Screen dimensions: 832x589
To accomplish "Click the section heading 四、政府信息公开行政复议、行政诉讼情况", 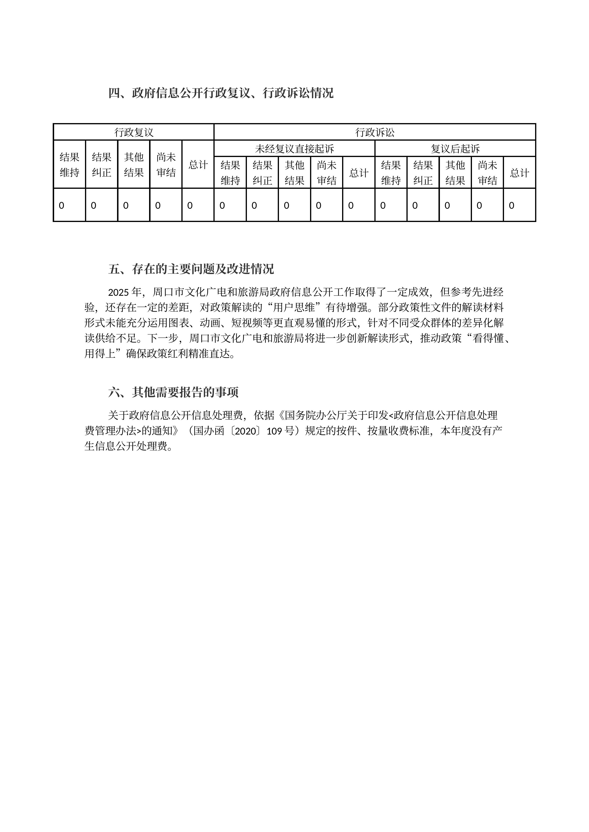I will coord(221,93).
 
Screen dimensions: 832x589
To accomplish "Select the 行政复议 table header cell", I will coord(134,132).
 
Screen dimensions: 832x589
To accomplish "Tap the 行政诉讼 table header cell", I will coord(375,132).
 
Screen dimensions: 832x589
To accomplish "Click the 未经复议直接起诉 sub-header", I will coord(294,148).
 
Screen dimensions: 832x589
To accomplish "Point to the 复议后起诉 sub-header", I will coord(455,148).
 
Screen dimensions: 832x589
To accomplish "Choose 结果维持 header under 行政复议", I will coord(69,165).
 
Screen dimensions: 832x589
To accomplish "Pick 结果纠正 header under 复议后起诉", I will coord(423,173).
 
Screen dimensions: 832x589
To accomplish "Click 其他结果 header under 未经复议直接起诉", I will coord(294,173).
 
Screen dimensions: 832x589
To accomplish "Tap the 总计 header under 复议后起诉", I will coord(519,173).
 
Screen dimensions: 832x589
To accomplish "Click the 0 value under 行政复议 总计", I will coord(190,205).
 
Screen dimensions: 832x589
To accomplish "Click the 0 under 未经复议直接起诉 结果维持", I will coord(222,205).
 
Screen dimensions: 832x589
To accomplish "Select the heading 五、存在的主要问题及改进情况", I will coord(191,269).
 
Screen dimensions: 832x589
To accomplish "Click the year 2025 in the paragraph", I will coord(119,292).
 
